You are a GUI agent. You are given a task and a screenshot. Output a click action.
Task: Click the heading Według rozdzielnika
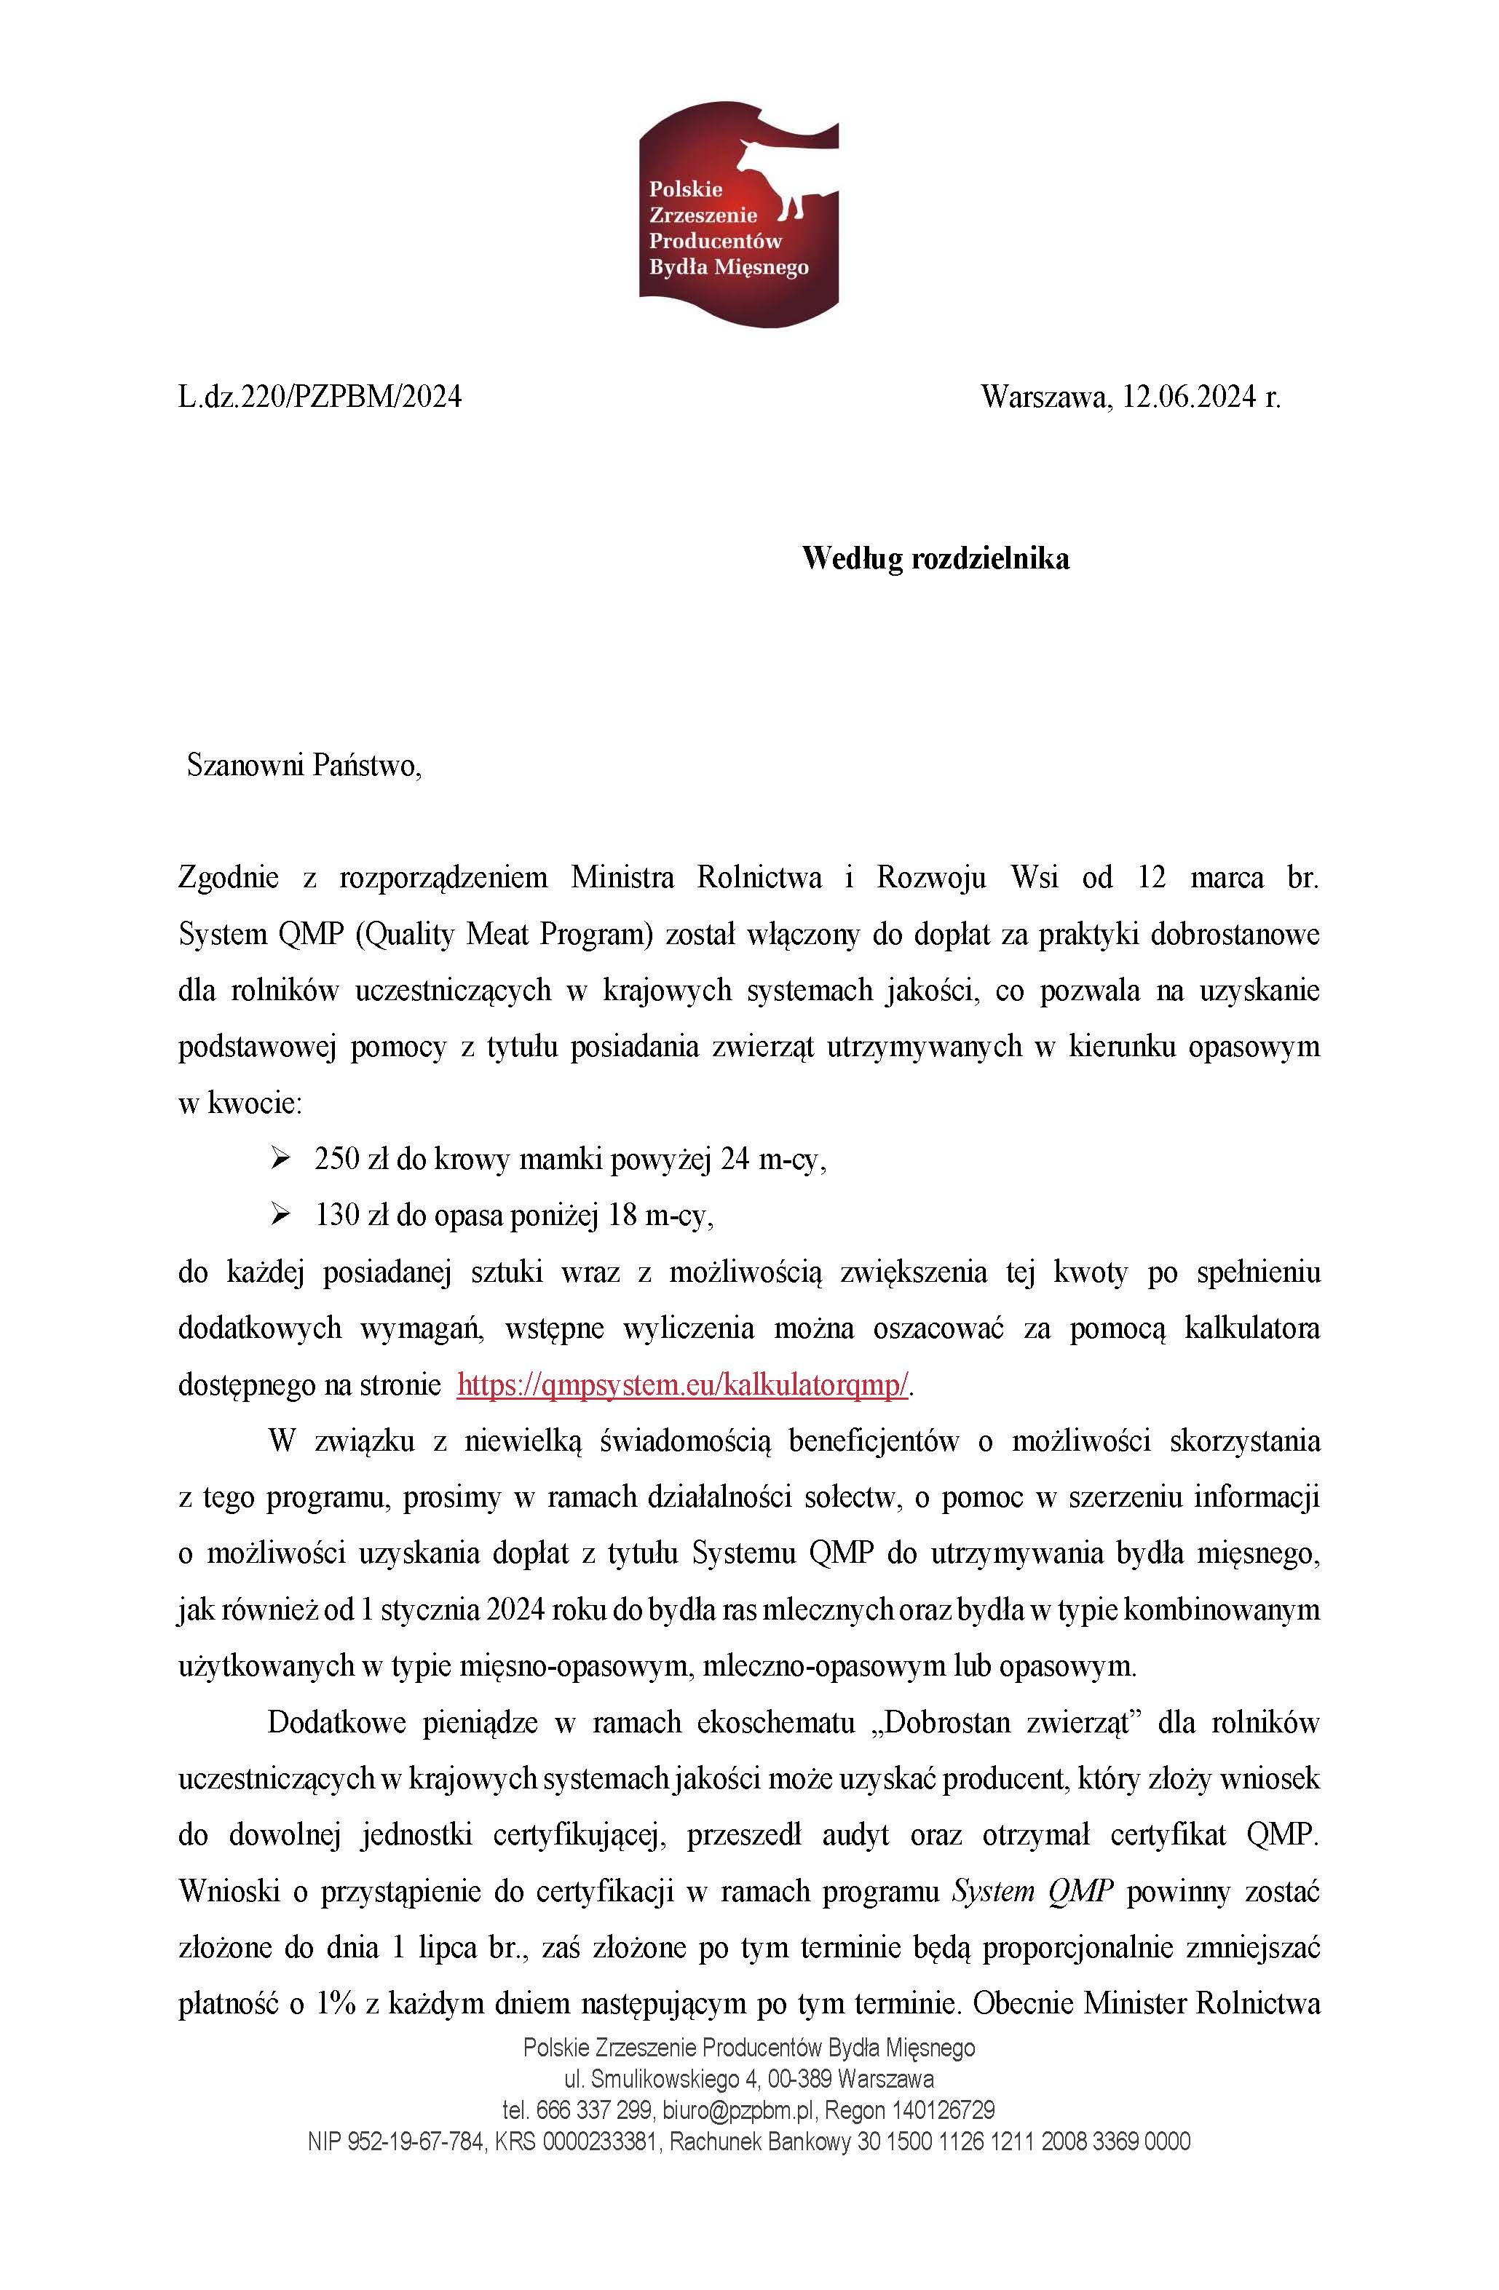click(x=936, y=558)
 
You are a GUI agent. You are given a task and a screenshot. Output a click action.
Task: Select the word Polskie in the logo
click(x=685, y=189)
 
